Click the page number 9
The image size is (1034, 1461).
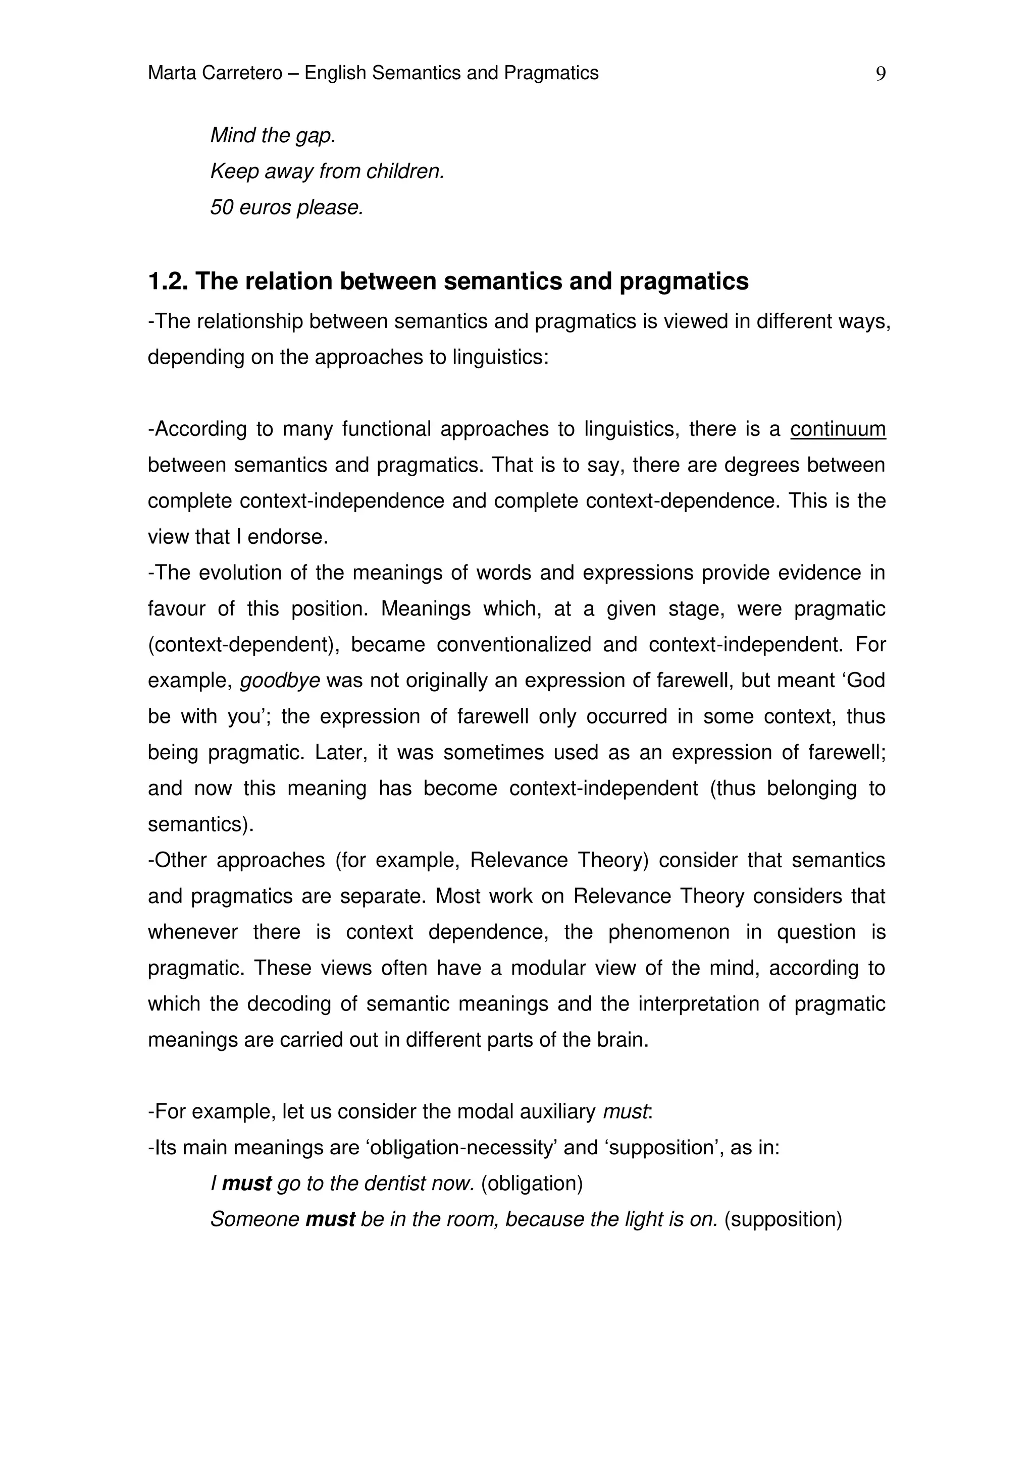click(x=881, y=74)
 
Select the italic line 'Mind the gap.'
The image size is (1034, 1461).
click(x=273, y=136)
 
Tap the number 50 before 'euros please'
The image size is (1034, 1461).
click(x=222, y=207)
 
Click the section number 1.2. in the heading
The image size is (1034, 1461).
click(x=168, y=282)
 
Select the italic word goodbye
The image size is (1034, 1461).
click(x=280, y=681)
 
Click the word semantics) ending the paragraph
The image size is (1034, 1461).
click(x=200, y=825)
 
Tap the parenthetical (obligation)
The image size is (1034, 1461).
click(x=532, y=1184)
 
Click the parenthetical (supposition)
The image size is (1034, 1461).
click(x=783, y=1220)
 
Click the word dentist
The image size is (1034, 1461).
click(x=395, y=1184)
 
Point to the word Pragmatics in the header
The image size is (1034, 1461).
click(x=551, y=73)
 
